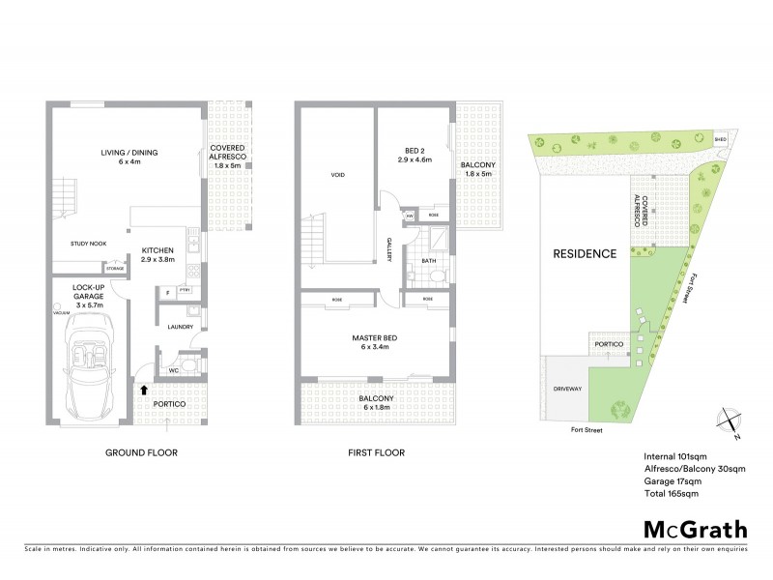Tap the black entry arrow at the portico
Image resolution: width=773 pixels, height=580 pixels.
pyautogui.click(x=145, y=391)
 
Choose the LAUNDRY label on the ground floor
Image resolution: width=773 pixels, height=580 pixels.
pyautogui.click(x=180, y=327)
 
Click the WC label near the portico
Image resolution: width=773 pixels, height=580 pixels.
pyautogui.click(x=173, y=369)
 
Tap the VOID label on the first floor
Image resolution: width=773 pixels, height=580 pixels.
pyautogui.click(x=337, y=175)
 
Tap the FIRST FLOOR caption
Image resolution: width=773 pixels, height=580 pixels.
pyautogui.click(x=377, y=452)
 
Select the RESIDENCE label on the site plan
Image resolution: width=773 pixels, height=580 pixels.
pyautogui.click(x=584, y=254)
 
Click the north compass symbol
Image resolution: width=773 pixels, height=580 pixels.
pyautogui.click(x=728, y=420)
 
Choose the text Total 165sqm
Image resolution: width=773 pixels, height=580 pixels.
pyautogui.click(x=670, y=494)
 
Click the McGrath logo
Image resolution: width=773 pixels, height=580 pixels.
pyautogui.click(x=695, y=529)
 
